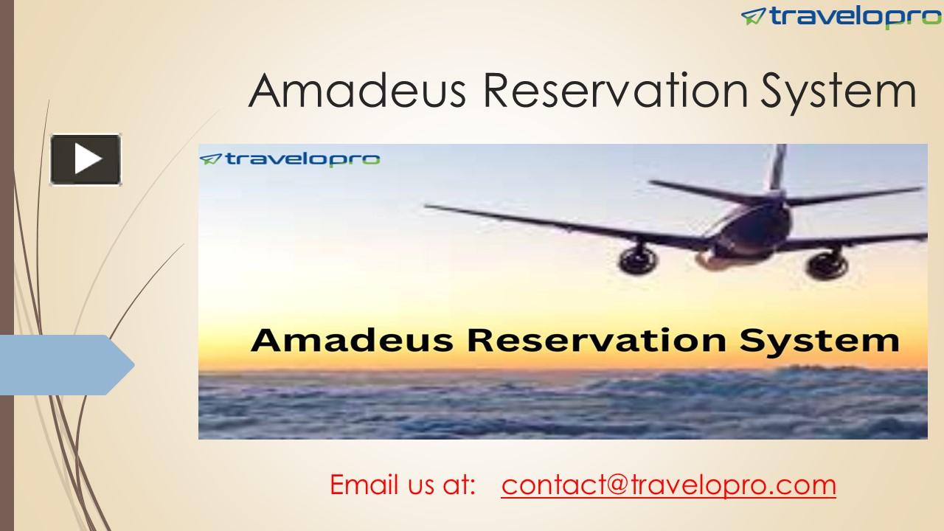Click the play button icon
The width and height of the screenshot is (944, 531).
coord(86,159)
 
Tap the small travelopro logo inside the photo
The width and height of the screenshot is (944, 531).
coord(290,159)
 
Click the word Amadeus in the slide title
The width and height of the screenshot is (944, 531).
coord(357,91)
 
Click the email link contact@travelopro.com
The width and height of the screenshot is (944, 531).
coord(668,485)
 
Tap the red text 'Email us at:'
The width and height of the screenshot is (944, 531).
coord(403,485)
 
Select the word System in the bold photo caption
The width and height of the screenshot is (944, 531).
coord(819,341)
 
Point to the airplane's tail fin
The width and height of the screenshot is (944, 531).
coord(777,167)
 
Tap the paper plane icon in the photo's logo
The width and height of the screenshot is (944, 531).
coord(211,159)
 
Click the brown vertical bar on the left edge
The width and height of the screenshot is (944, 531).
coord(7,265)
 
